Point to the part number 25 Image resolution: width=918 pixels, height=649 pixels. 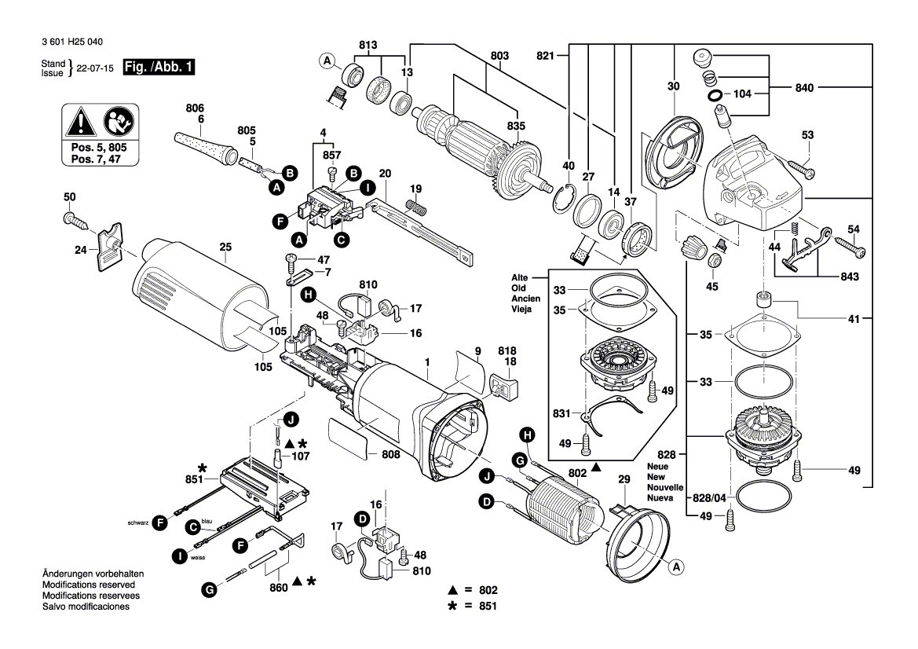225,247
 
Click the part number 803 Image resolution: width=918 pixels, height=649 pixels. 499,56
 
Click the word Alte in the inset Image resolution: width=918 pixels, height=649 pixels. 520,278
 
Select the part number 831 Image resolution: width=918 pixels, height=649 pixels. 562,412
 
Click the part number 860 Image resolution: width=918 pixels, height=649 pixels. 278,587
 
